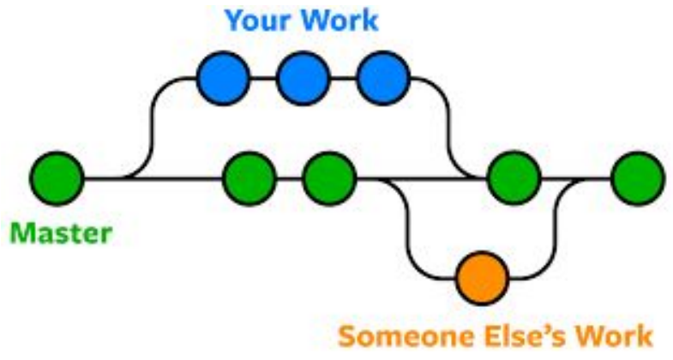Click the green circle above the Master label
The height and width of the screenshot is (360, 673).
tap(57, 179)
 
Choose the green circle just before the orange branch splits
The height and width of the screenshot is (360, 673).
tap(329, 179)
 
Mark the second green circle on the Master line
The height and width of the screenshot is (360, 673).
tap(249, 179)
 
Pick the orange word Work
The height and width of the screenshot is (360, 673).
tap(611, 334)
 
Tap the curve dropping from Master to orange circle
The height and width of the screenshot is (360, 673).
tap(408, 231)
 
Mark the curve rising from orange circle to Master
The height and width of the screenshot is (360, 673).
tap(556, 231)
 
